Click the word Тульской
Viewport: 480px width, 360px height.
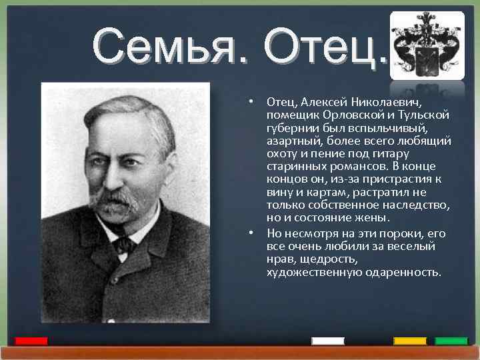[422, 116]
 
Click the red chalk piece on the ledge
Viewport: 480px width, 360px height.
[31, 341]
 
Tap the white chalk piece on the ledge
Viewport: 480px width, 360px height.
[328, 341]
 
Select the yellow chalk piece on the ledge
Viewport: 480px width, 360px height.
[409, 341]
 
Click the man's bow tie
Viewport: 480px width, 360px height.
[124, 245]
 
